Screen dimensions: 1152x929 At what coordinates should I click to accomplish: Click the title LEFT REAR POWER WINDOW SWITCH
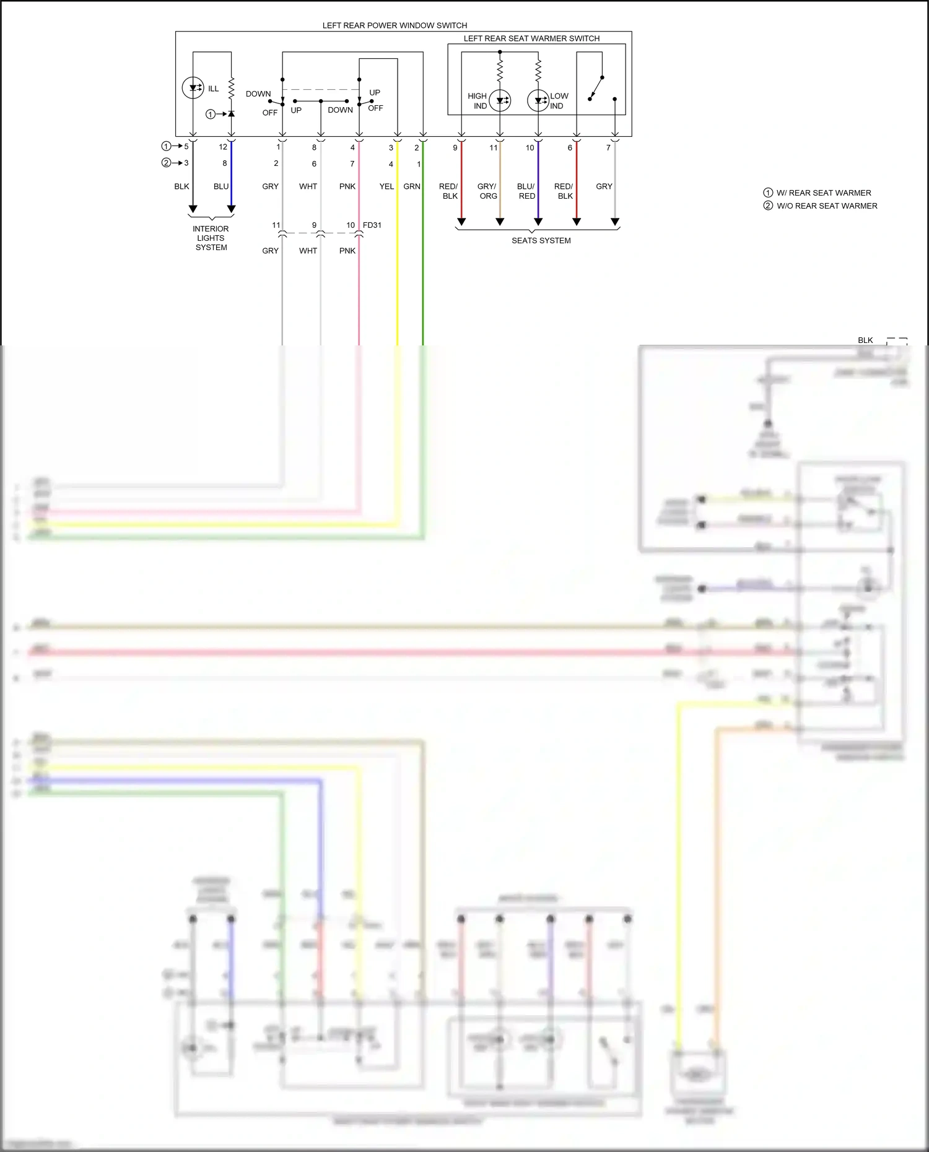click(395, 25)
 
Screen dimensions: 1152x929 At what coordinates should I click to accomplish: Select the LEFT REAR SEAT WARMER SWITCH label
click(531, 38)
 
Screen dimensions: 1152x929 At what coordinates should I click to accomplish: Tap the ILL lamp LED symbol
click(193, 88)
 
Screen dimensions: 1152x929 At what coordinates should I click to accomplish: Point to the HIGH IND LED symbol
click(500, 101)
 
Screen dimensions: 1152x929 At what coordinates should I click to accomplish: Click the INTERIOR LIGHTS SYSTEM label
click(211, 238)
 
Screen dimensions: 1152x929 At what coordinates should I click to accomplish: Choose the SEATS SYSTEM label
click(541, 241)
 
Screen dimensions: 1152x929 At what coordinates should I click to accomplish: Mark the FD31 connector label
click(372, 225)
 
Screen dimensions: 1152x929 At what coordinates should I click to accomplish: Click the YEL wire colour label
click(386, 186)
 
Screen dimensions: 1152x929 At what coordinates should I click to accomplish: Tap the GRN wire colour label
click(412, 186)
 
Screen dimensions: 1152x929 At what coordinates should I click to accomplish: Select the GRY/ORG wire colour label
click(487, 191)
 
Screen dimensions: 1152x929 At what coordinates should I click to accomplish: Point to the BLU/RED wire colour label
click(526, 191)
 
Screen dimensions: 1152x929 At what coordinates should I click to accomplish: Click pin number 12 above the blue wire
click(223, 147)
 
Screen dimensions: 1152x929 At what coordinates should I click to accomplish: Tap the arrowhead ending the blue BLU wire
click(231, 209)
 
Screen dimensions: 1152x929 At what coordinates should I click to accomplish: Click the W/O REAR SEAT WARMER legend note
click(826, 206)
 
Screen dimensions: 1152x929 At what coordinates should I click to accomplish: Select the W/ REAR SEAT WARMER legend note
click(823, 193)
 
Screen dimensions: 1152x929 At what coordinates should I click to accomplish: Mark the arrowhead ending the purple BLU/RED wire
click(538, 222)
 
